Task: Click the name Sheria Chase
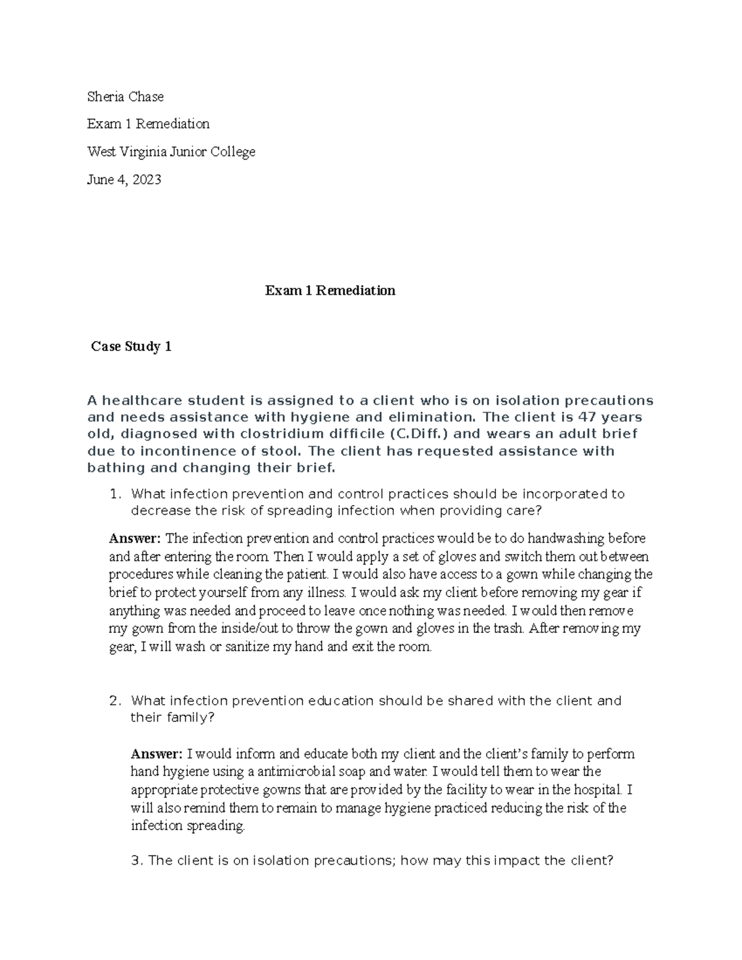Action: coord(125,96)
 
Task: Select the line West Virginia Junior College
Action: coord(171,151)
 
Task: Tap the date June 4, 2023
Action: coord(124,179)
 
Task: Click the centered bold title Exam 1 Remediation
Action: coord(330,291)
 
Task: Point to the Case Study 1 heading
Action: coord(131,347)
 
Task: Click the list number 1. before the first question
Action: coord(114,494)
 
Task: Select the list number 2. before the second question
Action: coord(114,701)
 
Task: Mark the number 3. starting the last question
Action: coord(137,860)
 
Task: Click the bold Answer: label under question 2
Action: coord(156,754)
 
